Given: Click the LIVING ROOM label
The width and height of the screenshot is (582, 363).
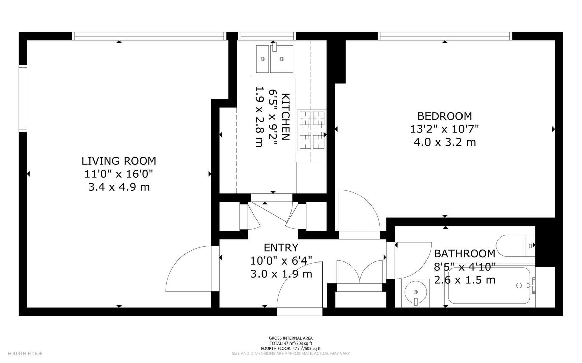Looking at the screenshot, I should pyautogui.click(x=118, y=161).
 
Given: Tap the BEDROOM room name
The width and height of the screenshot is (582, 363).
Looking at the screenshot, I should pyautogui.click(x=444, y=116).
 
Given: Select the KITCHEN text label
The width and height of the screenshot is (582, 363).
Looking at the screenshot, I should pyautogui.click(x=285, y=117).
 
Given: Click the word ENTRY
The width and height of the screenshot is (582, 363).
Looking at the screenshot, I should pyautogui.click(x=281, y=248).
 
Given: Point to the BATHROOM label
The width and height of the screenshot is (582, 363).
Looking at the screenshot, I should pyautogui.click(x=464, y=253).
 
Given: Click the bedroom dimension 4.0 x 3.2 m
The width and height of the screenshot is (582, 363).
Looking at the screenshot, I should pyautogui.click(x=444, y=142).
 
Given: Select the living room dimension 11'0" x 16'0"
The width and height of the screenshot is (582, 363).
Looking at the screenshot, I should pyautogui.click(x=118, y=174).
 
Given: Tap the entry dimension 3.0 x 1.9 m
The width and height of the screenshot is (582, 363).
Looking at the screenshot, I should pyautogui.click(x=281, y=274).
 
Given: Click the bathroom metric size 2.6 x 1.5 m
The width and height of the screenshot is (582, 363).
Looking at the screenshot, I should pyautogui.click(x=465, y=280).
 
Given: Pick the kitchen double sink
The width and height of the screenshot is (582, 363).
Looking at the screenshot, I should pyautogui.click(x=275, y=59).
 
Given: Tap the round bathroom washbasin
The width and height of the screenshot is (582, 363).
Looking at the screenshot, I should pyautogui.click(x=415, y=292).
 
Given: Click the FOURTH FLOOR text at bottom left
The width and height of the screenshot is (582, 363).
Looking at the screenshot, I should pyautogui.click(x=25, y=354).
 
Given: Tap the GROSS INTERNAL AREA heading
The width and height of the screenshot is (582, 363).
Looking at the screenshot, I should pyautogui.click(x=290, y=338).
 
